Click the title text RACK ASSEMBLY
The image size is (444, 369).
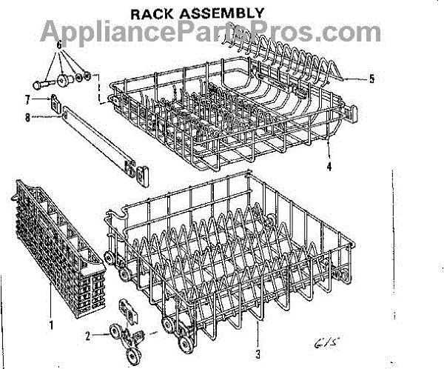[198, 13]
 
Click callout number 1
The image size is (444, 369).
[50, 323]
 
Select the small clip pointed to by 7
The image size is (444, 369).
[54, 101]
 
